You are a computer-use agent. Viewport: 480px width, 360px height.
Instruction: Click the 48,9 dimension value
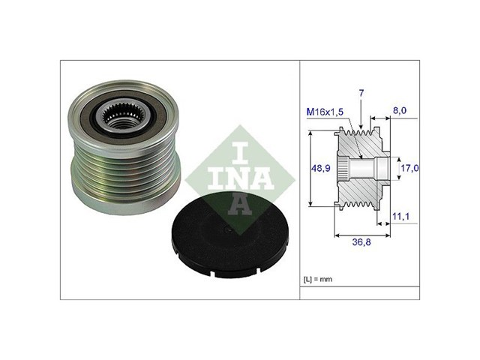[320, 168]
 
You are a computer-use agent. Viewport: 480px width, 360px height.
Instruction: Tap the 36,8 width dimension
[361, 242]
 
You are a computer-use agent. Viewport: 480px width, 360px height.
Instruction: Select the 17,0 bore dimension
[409, 168]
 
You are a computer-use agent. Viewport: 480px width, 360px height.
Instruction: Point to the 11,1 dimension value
[400, 217]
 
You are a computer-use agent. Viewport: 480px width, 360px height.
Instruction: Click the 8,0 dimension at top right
[400, 110]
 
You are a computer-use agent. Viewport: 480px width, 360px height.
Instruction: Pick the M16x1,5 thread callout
[325, 112]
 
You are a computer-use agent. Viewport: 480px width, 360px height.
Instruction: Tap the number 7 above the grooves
[361, 93]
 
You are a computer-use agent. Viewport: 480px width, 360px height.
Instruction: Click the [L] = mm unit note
[318, 279]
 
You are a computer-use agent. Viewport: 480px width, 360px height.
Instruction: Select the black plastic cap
[230, 234]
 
